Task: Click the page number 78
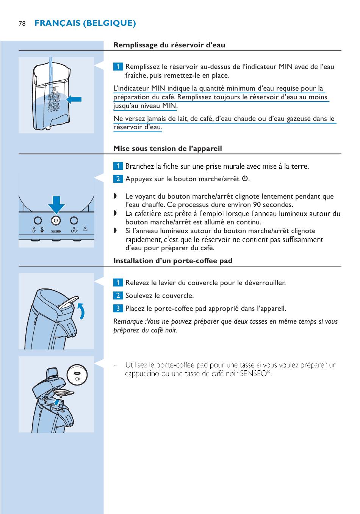coord(22,24)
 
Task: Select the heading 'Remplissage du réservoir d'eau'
coord(169,45)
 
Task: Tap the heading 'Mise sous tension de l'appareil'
coord(167,149)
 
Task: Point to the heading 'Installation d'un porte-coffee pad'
coord(173,261)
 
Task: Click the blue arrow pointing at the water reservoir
coord(74,99)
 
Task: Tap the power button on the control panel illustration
coord(56,221)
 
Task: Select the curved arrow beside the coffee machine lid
coord(81,311)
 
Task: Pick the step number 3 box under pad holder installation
coord(118,309)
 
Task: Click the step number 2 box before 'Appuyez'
coord(118,179)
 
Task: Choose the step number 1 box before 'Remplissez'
coord(118,67)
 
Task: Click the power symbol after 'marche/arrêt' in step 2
coord(245,179)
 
